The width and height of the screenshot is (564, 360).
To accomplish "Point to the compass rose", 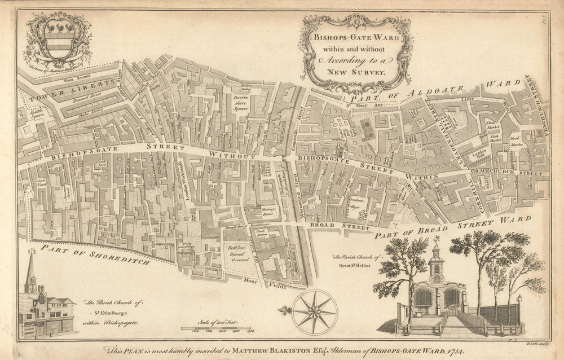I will (x=315, y=311).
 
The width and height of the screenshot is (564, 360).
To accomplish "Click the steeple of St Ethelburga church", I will (x=32, y=271).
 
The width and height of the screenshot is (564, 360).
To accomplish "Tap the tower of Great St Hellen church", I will (x=435, y=265).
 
